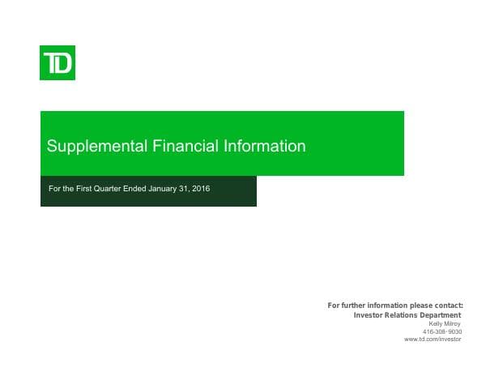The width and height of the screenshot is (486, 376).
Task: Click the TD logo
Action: click(x=58, y=62)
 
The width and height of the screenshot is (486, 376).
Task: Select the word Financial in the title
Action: click(x=185, y=147)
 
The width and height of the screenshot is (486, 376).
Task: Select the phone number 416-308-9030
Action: click(x=442, y=331)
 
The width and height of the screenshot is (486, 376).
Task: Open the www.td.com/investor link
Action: click(x=433, y=340)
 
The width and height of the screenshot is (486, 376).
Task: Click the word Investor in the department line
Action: click(x=371, y=314)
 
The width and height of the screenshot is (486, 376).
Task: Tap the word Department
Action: click(x=442, y=314)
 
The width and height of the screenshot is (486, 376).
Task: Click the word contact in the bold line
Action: click(x=446, y=305)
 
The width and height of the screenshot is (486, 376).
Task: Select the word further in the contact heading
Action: click(x=353, y=305)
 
